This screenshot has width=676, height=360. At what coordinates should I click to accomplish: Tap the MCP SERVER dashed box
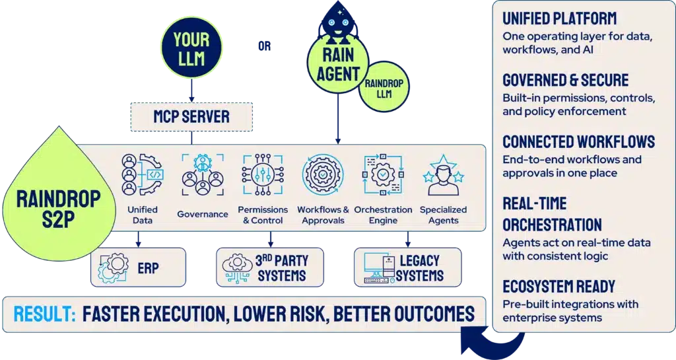click(191, 117)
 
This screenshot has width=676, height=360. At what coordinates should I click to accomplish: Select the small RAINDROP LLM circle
click(384, 87)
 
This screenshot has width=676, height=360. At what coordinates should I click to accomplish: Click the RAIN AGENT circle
click(339, 63)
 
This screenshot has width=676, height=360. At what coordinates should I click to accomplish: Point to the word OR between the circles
click(264, 46)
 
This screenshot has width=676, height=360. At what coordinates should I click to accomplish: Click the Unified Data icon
click(141, 174)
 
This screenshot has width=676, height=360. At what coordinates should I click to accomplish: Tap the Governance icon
click(203, 174)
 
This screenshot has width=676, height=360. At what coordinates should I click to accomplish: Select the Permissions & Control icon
click(263, 174)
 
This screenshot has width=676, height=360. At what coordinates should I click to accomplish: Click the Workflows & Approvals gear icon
click(322, 174)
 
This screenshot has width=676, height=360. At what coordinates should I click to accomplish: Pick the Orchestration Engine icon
click(383, 174)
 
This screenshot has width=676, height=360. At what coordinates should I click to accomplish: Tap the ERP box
click(138, 268)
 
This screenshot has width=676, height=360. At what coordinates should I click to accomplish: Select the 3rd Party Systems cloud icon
click(237, 268)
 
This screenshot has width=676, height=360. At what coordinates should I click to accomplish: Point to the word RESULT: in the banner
click(45, 314)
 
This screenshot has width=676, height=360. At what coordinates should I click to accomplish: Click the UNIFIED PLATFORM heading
click(560, 18)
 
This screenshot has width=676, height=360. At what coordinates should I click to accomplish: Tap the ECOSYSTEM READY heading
click(558, 287)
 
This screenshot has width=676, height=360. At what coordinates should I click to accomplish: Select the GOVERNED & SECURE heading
click(566, 80)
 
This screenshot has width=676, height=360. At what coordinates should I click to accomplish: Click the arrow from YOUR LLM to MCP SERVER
click(191, 90)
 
